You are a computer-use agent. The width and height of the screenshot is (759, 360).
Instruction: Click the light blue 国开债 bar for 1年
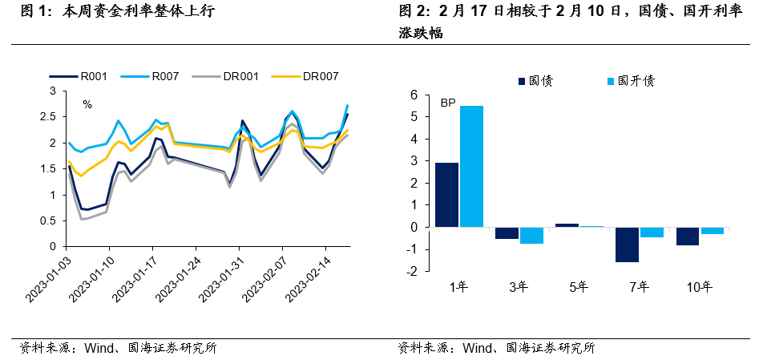471,166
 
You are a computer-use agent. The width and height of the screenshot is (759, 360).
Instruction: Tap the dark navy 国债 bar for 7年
628,245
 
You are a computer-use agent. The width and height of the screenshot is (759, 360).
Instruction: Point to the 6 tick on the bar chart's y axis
414,95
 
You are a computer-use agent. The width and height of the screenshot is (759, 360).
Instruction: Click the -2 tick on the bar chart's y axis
413,271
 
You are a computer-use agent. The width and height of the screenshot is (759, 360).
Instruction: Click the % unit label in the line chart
87,104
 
